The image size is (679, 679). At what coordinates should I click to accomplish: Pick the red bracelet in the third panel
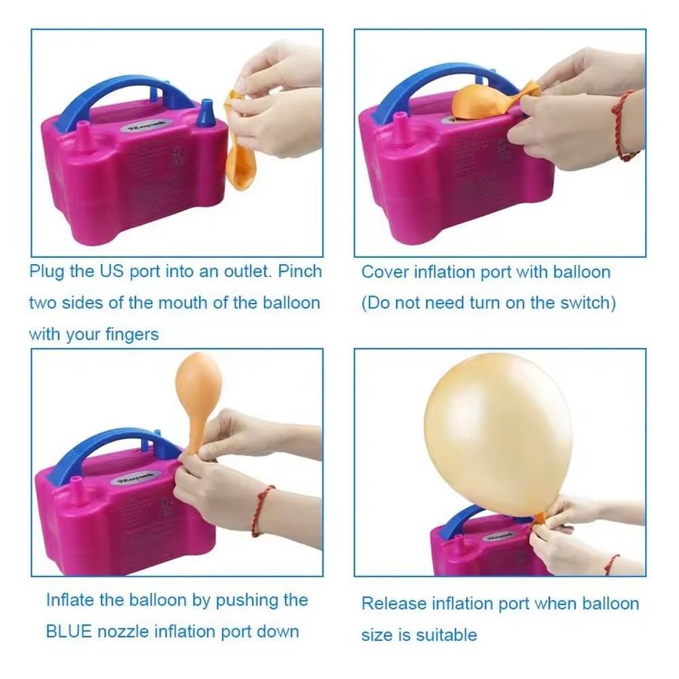262,511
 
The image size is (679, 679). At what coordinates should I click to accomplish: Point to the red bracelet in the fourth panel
611,564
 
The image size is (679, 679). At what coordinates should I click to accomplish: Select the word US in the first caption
112,271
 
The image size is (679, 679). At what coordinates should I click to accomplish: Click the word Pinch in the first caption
300,271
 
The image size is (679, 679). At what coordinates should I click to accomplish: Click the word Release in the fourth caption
394,604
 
